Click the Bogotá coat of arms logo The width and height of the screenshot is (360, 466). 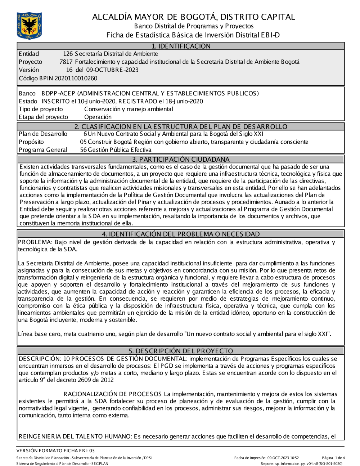tap(29, 26)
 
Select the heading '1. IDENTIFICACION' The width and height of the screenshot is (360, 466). tap(181, 46)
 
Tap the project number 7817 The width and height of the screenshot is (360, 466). tap(66, 62)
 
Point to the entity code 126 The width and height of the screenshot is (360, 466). tap(68, 54)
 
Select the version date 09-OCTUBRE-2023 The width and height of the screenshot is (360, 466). tap(112, 70)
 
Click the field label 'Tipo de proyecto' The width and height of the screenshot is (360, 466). tap(41, 109)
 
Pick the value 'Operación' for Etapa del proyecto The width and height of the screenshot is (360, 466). tap(98, 117)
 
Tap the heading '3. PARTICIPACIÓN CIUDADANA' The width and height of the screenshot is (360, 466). tap(181, 159)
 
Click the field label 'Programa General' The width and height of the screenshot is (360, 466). tap(43, 150)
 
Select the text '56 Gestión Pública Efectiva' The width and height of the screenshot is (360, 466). tap(116, 150)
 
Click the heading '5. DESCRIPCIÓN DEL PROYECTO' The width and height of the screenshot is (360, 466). tap(181, 351)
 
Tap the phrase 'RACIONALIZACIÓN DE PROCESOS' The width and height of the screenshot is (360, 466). tap(113, 394)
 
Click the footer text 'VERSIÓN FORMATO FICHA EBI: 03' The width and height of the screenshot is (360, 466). tap(55, 451)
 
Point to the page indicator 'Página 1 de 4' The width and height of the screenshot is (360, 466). tap(333, 458)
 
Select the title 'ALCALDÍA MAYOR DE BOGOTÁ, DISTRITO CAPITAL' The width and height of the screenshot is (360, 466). tap(193, 17)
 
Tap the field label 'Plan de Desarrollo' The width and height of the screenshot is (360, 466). tap(43, 134)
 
